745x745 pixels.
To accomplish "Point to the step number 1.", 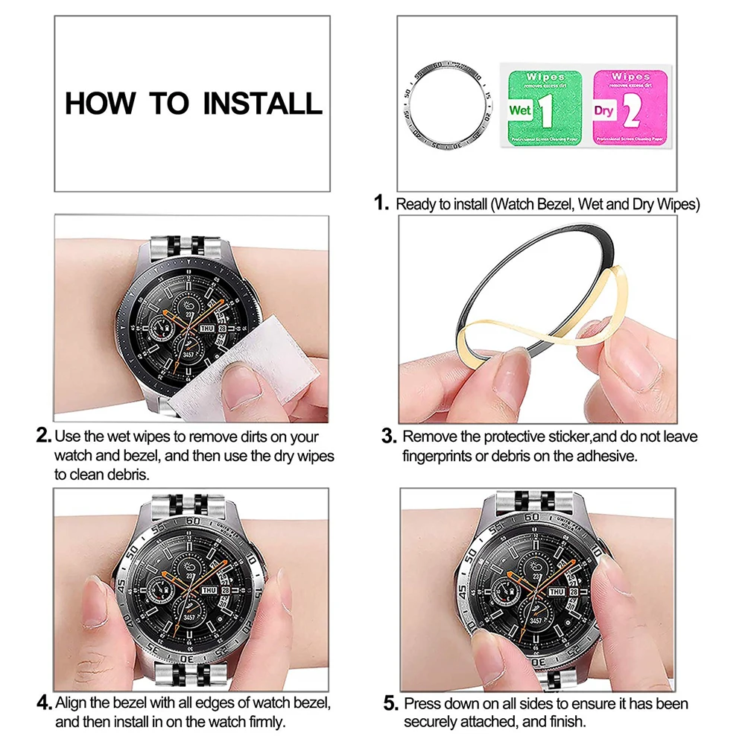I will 382,203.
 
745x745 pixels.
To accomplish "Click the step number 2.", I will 43,435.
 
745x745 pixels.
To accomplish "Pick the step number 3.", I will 387,436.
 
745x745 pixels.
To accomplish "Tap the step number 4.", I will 44,703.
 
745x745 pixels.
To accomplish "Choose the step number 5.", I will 390,703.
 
